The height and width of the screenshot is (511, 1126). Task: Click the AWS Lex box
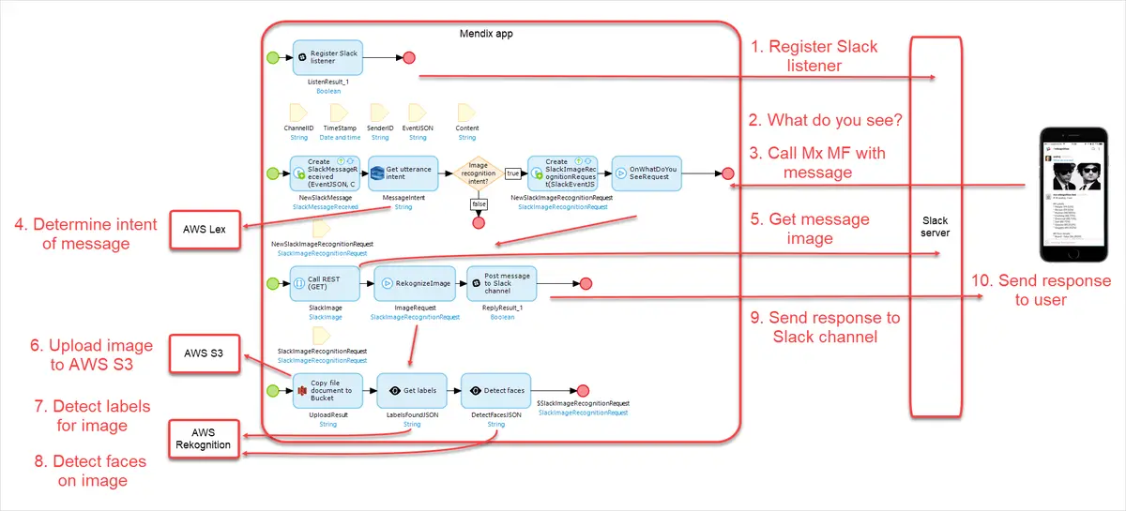[x=205, y=229]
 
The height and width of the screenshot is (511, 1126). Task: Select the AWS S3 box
[x=205, y=353]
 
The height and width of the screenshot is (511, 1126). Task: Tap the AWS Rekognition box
[x=204, y=438]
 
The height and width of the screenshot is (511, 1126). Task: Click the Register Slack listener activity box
[x=327, y=58]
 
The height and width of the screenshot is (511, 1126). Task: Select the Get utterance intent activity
[x=403, y=173]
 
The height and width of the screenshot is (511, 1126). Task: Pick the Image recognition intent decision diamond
[x=478, y=173]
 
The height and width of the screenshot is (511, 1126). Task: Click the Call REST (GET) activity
[x=327, y=282]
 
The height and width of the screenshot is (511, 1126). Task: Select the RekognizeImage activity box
[x=415, y=282]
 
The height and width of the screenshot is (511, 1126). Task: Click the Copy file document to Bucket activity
[x=327, y=390]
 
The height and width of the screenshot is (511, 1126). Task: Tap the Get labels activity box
[x=411, y=390]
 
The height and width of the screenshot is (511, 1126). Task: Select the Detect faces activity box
[x=495, y=390]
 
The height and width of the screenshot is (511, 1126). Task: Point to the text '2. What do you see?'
[x=826, y=120]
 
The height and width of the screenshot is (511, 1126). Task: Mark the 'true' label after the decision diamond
[x=513, y=173]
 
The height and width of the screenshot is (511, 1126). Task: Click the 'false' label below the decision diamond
[x=478, y=203]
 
